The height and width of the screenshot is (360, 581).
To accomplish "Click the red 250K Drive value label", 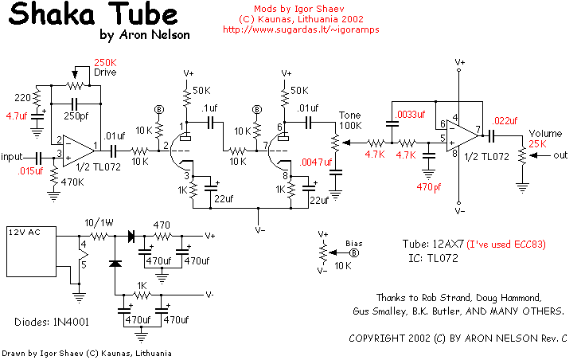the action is [105, 62].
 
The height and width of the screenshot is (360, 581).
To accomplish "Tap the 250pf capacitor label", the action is [76, 116].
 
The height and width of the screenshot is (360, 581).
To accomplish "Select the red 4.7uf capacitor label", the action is [17, 116].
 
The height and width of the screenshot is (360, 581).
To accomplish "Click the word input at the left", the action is [11, 157].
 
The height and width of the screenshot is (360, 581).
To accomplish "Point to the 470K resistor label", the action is [72, 182].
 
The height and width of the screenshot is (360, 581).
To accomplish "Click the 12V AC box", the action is [32, 252].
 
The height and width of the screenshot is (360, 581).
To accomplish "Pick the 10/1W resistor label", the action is [99, 223].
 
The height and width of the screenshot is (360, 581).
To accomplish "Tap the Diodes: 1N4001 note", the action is [52, 322].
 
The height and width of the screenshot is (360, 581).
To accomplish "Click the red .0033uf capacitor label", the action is [410, 114].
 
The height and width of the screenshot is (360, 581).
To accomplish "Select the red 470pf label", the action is [429, 187].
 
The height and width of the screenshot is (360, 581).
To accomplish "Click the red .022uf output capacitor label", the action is [505, 120].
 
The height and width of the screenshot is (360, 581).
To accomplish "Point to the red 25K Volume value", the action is [538, 144].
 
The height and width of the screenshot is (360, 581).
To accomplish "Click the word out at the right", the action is [560, 155].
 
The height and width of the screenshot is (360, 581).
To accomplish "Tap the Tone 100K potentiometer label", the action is [350, 120].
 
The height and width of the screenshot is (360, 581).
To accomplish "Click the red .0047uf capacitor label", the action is [316, 162].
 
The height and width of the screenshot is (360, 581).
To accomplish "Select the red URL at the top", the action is [301, 29].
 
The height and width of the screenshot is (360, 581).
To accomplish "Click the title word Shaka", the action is [52, 14].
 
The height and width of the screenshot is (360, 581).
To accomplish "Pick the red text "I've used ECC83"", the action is [505, 245].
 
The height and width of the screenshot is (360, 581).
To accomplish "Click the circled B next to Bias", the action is [355, 252].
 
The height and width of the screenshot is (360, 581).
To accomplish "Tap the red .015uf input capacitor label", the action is [30, 171].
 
